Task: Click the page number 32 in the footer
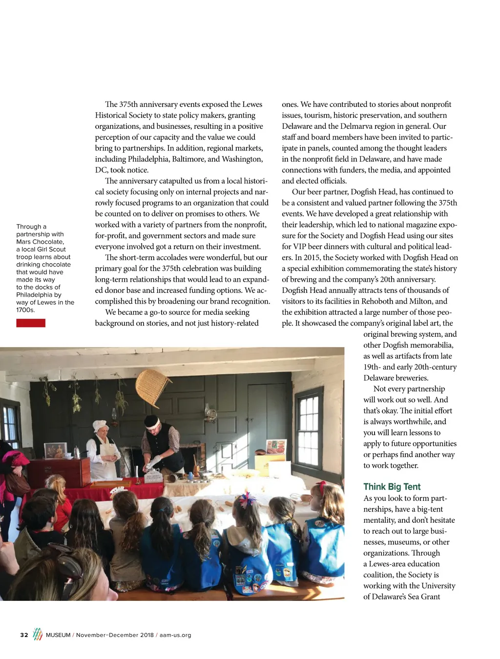24,635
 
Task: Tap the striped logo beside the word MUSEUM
38,634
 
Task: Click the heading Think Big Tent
392,487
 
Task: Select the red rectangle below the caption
31,323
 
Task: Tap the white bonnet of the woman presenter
100,425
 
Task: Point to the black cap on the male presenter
152,420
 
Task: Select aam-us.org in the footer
175,635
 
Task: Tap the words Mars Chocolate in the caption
40,242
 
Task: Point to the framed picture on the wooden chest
55,450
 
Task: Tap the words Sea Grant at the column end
423,597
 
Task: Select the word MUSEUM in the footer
58,635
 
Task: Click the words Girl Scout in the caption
50,249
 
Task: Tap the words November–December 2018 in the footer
115,635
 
